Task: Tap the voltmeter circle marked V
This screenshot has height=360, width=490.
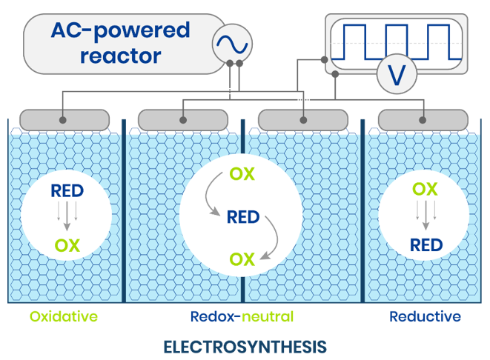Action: click(397, 74)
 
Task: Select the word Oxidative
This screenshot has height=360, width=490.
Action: click(64, 317)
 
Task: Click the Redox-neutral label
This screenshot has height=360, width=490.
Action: click(242, 317)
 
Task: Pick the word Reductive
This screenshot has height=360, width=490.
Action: click(425, 317)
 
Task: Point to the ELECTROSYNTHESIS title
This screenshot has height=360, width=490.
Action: click(245, 346)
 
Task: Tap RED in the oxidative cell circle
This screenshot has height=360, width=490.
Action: click(67, 191)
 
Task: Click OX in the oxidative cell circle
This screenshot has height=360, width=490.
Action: click(67, 244)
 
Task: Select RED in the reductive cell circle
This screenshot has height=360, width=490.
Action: click(426, 244)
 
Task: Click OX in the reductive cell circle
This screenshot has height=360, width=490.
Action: click(425, 190)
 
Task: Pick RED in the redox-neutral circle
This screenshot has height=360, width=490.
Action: click(242, 217)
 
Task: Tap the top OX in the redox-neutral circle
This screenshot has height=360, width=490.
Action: click(242, 175)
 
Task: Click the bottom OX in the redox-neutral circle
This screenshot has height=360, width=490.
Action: click(242, 259)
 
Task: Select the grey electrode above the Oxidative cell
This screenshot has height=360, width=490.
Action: click(64, 119)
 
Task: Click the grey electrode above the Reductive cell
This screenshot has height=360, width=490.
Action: click(423, 119)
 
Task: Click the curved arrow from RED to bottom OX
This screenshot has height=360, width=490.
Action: click(273, 241)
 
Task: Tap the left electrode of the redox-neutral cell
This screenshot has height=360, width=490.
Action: click(183, 119)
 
